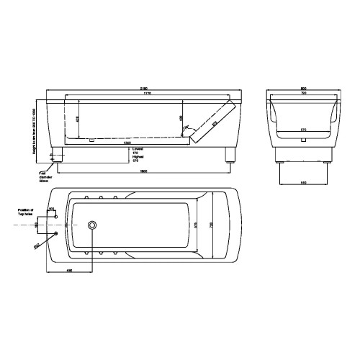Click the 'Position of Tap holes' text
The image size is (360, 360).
(x=29, y=211)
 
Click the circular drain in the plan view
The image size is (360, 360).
(x=92, y=226)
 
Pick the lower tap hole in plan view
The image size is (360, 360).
(x=56, y=235)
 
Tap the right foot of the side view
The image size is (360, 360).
(x=230, y=155)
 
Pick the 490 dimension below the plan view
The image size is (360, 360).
(x=68, y=271)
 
